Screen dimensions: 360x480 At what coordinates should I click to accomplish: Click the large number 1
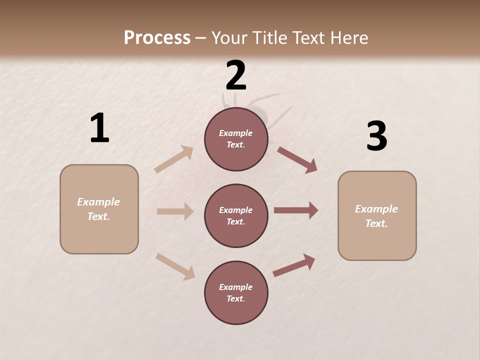point(99,128)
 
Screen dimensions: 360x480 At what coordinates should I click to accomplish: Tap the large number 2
point(236,75)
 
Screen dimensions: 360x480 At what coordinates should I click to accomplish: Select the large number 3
point(376,136)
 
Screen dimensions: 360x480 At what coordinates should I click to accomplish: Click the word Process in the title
point(157,37)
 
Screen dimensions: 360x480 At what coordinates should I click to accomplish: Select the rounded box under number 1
point(99,209)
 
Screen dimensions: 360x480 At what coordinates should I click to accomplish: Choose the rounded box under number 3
point(377,216)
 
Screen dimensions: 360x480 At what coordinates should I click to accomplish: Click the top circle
point(236,139)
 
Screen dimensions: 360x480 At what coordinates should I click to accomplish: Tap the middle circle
point(236,216)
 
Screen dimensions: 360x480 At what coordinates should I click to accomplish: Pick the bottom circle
point(236,293)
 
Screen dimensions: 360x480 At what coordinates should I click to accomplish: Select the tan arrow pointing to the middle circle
point(175,211)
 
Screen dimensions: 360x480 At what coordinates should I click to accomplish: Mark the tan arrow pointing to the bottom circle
point(175,266)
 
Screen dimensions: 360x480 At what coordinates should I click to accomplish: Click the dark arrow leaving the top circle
point(297,159)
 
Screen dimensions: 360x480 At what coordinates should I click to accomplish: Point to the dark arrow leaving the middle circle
point(296,210)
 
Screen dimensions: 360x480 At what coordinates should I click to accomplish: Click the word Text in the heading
point(309,37)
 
